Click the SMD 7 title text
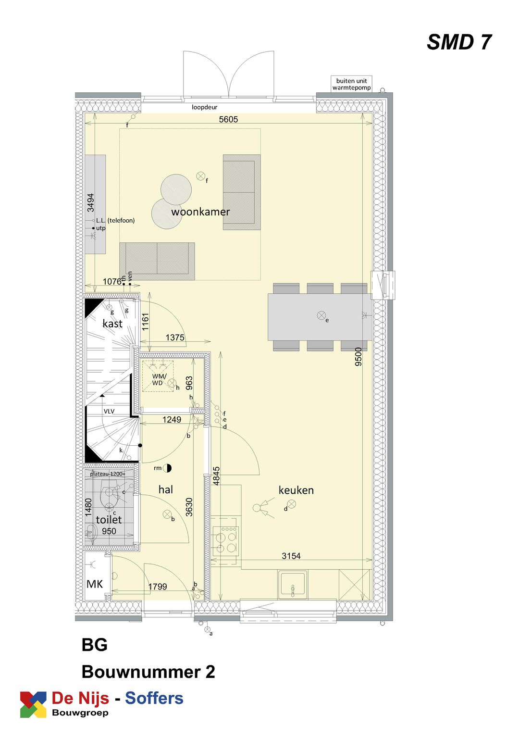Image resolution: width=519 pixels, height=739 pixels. [459, 42]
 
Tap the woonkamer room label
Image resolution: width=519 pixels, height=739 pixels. [200, 212]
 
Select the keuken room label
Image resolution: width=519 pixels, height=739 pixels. [296, 490]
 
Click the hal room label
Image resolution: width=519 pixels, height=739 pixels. [166, 489]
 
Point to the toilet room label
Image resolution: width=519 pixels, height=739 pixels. [109, 519]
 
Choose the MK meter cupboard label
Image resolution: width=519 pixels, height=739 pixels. [95, 584]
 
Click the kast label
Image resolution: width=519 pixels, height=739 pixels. [112, 324]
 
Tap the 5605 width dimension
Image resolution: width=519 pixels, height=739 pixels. [228, 119]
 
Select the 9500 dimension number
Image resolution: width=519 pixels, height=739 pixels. [358, 357]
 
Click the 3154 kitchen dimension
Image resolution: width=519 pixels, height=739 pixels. [291, 556]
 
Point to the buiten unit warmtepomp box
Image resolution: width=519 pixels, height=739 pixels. [351, 84]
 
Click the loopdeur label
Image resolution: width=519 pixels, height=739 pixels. [204, 107]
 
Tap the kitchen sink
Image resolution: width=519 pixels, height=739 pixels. [292, 584]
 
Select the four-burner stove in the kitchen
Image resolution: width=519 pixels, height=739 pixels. [225, 541]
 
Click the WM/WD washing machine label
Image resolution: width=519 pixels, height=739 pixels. [159, 379]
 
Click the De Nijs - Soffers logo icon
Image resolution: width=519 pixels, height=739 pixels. [33, 705]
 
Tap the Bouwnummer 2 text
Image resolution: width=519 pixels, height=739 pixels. [148, 672]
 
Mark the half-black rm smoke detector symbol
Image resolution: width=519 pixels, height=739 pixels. [167, 468]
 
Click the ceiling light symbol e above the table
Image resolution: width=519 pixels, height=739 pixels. [321, 315]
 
